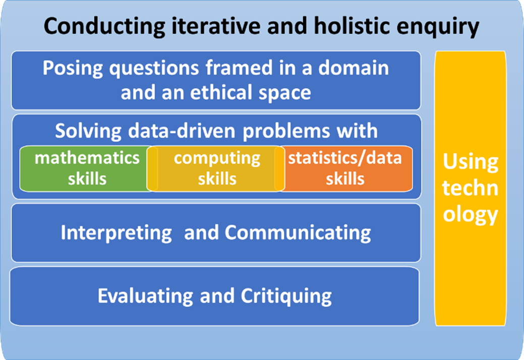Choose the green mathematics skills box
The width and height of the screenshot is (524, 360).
click(86, 168)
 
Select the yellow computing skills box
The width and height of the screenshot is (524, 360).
click(217, 168)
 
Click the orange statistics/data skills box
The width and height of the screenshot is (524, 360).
click(345, 168)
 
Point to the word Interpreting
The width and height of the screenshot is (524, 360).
click(116, 233)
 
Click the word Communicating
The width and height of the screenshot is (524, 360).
click(298, 233)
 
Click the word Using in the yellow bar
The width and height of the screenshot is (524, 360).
click(470, 162)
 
